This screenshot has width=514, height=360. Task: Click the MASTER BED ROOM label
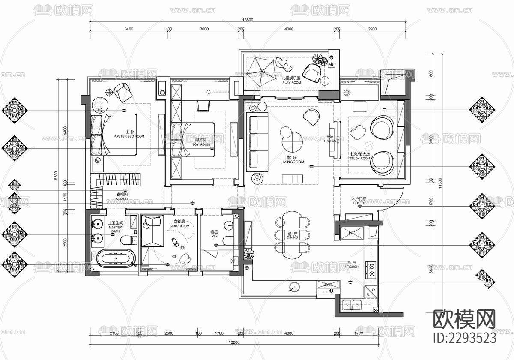(x=128, y=136)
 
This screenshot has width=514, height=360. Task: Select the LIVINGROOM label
(x=292, y=162)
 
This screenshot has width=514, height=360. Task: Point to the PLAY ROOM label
(x=291, y=83)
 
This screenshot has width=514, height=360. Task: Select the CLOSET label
(x=122, y=199)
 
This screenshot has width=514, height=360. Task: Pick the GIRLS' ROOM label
(x=179, y=226)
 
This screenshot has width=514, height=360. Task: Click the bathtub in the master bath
(x=116, y=259)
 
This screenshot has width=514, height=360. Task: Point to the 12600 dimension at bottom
(x=233, y=342)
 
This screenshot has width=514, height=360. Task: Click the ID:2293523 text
(x=465, y=337)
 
